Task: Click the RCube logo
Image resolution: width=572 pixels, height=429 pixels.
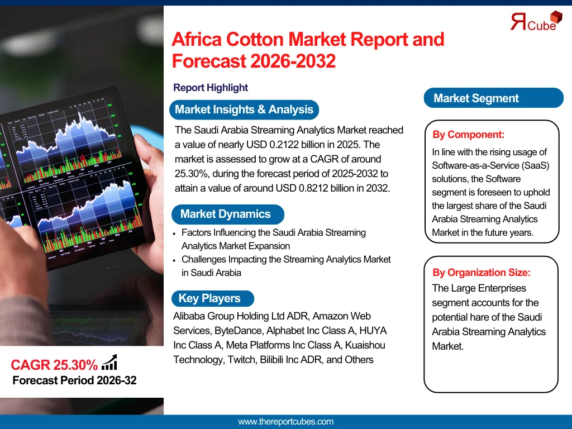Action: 536,21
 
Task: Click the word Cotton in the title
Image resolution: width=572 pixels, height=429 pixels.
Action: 255,40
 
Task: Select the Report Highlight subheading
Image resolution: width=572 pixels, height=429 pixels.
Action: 211,88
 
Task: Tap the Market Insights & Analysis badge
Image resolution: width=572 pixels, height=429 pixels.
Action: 244,109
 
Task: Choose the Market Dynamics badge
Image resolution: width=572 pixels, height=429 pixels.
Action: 228,214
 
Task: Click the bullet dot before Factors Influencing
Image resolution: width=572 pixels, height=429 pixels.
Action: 174,233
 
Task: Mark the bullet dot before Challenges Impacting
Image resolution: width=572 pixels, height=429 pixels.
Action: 174,260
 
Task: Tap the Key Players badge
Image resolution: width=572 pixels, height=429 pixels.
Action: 213,298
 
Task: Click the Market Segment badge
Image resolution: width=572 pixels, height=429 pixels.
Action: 494,98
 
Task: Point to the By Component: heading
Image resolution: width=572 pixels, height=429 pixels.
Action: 469,135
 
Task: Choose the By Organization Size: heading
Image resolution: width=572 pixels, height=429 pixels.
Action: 482,273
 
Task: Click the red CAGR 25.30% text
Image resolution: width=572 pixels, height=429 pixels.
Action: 54,365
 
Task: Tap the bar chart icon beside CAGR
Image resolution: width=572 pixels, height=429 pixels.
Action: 109,362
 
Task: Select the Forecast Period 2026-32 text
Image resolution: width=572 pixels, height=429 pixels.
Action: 74,380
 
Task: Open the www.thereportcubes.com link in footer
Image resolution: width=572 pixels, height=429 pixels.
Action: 285,422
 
